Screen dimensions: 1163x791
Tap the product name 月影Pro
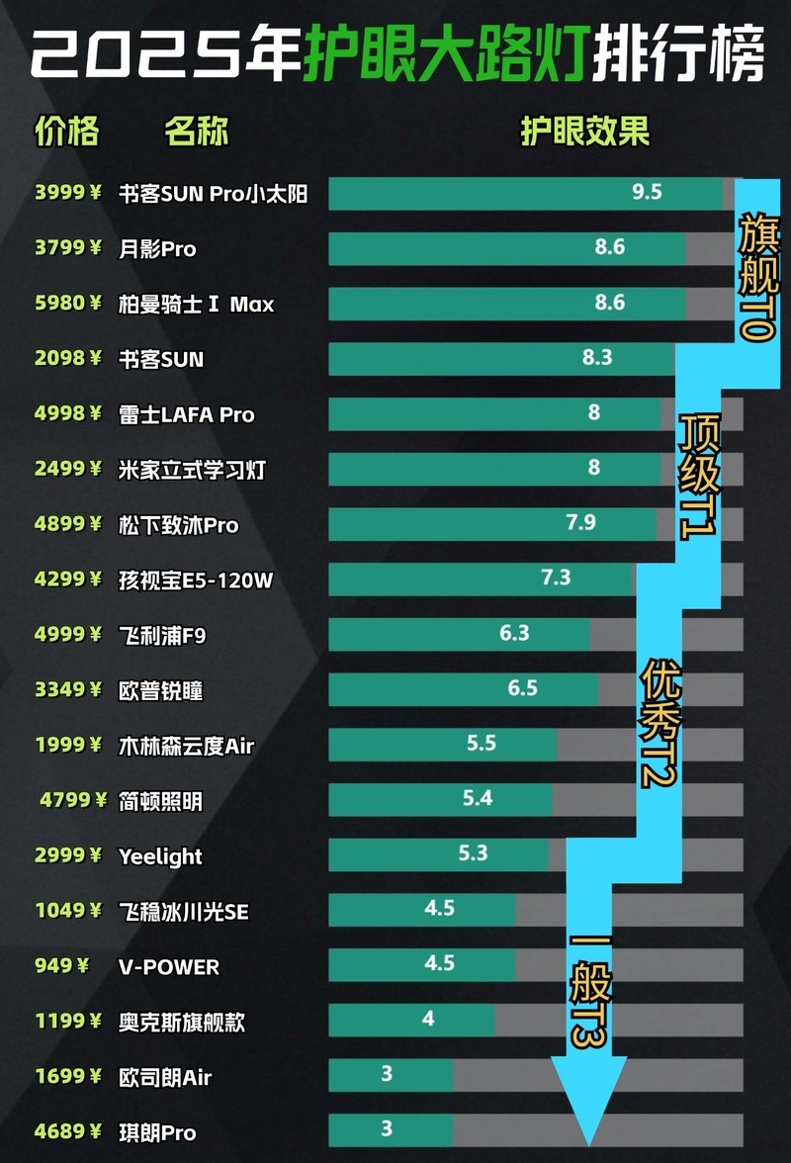tap(157, 249)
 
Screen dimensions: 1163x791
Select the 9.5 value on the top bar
tap(647, 192)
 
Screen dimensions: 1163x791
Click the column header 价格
tap(66, 132)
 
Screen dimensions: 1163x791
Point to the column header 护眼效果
tap(585, 132)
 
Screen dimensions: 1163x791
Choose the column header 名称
tap(197, 132)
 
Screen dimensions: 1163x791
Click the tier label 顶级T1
tap(699, 475)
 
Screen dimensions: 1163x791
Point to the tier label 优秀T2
tap(660, 726)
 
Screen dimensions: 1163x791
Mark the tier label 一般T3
tap(589, 989)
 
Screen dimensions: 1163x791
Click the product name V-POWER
tap(169, 966)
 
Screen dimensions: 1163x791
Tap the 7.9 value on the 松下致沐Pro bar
tap(580, 522)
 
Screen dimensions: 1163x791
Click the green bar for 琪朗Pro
tap(390, 1130)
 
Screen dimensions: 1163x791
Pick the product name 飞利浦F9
tap(162, 635)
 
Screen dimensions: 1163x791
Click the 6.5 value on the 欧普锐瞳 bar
tap(522, 687)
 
